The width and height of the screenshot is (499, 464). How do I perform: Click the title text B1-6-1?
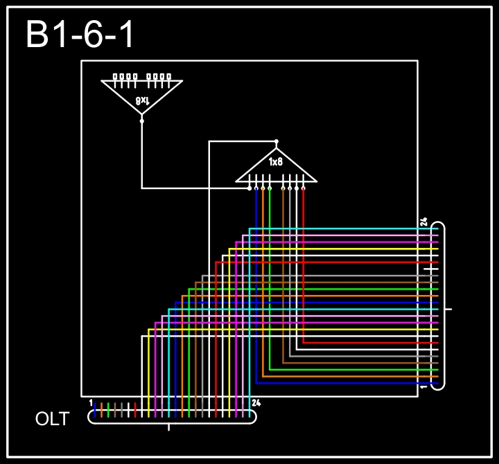pyautogui.click(x=80, y=35)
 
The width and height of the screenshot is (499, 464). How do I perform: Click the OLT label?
pyautogui.click(x=53, y=419)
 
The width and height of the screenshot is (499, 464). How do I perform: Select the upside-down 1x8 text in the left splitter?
pyautogui.click(x=142, y=100)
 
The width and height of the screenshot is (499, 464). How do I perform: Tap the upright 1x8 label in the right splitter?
pyautogui.click(x=276, y=162)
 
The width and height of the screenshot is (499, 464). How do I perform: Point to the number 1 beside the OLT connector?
pyautogui.click(x=91, y=402)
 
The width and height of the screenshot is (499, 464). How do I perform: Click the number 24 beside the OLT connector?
pyautogui.click(x=256, y=402)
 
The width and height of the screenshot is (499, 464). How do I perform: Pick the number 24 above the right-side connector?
pyautogui.click(x=423, y=222)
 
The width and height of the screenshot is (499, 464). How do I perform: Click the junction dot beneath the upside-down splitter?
pyautogui.click(x=142, y=121)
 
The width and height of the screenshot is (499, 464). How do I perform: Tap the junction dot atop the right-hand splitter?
pyautogui.click(x=277, y=141)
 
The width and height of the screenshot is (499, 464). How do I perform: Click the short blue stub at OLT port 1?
pyautogui.click(x=95, y=409)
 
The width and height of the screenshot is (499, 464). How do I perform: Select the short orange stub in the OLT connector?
pyautogui.click(x=102, y=409)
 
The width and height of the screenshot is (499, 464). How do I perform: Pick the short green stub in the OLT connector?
pyautogui.click(x=109, y=409)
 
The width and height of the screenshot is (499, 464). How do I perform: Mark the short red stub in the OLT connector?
pyautogui.click(x=135, y=409)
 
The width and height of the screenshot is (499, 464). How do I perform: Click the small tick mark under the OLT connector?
pyautogui.click(x=169, y=427)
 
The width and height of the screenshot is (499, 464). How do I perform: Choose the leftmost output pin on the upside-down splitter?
pyautogui.click(x=116, y=77)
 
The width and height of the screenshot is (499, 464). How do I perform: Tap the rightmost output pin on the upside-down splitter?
pyautogui.click(x=168, y=77)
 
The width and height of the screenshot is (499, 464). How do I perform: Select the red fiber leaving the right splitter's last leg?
pyautogui.click(x=304, y=263)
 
